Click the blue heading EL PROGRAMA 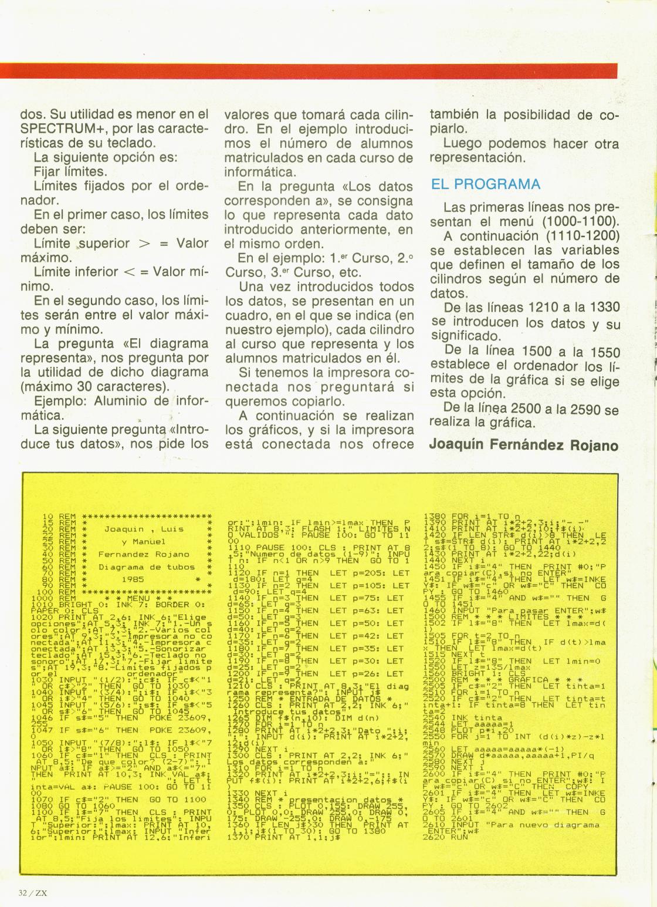pyautogui.click(x=486, y=184)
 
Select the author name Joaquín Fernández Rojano pyautogui.click(x=524, y=444)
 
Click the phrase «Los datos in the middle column pyautogui.click(x=378, y=187)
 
